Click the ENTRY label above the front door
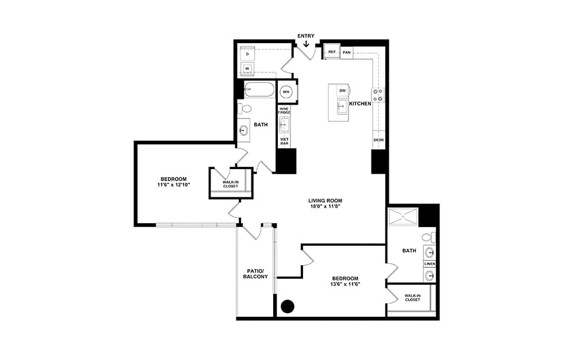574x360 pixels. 305,36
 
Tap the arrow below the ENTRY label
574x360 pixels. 306,43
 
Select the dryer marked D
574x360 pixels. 247,54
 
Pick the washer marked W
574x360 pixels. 247,68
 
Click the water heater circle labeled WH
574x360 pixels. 286,92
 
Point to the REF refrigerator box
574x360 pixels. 332,52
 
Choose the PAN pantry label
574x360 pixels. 346,53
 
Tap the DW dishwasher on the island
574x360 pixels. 343,91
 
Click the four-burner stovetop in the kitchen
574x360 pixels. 378,95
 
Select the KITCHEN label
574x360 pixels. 360,104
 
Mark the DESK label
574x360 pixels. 378,140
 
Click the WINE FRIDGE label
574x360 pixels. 285,110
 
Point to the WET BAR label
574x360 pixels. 285,141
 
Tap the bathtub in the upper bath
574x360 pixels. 259,90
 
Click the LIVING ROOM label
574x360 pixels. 325,201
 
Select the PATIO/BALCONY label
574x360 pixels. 255,274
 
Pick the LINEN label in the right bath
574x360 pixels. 430,264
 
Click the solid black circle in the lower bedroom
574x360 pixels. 288,306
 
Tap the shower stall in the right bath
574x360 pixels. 403,217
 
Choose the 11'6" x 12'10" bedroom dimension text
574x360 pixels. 174,185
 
